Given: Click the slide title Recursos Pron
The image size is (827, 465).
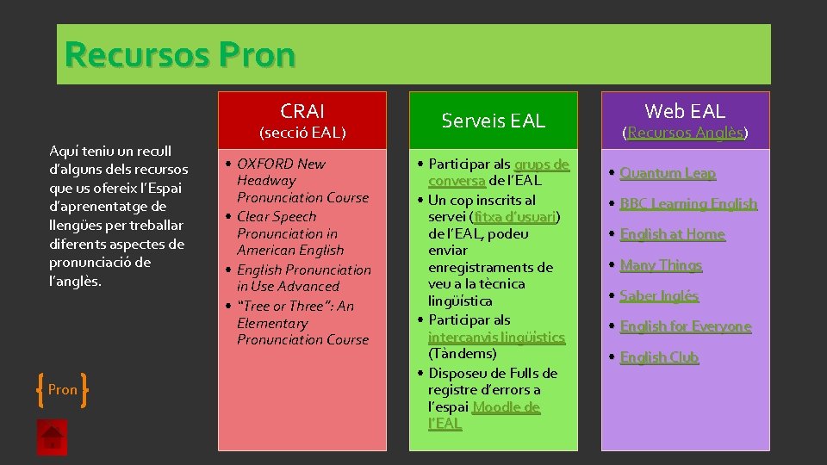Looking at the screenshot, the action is [180, 54].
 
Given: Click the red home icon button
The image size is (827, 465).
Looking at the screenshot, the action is [52, 437].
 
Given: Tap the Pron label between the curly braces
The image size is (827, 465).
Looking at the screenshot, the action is [63, 389].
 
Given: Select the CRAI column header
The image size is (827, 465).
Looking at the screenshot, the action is [302, 111].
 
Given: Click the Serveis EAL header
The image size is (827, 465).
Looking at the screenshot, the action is [494, 121].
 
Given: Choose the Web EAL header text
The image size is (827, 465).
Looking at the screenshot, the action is [686, 110].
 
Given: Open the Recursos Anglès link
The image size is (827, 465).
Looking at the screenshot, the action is [686, 133].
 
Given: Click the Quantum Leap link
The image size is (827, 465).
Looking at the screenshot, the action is [668, 173].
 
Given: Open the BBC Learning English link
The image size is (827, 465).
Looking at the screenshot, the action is [688, 204].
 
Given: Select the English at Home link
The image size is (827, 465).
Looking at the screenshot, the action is [672, 234].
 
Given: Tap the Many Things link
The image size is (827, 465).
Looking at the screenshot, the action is [661, 265].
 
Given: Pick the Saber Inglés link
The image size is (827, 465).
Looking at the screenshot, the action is [659, 295].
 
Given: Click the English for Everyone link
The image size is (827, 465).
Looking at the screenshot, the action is [685, 326].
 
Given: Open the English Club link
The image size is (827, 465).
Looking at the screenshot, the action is [659, 356].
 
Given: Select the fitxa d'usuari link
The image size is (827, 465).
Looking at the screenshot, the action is [516, 217].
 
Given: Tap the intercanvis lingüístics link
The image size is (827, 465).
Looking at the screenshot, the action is [496, 337].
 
